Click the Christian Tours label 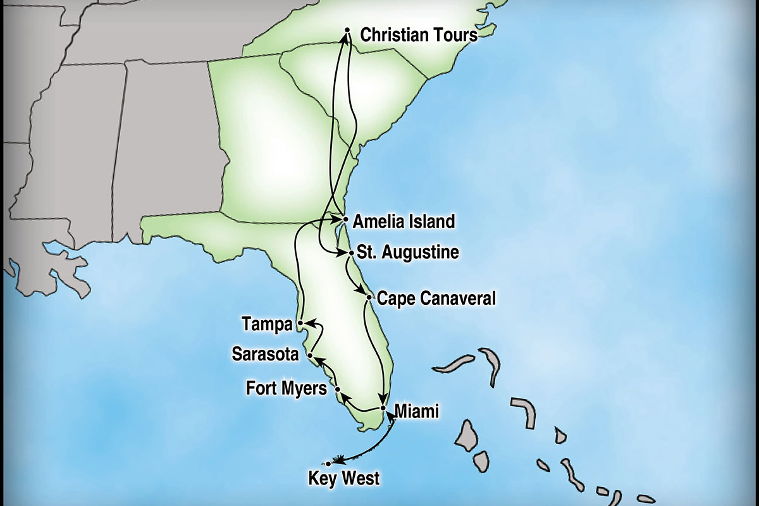coord(419,35)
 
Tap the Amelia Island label coord(404,221)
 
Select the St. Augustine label coord(407,253)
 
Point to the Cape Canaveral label coord(436,298)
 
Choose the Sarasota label coord(265,355)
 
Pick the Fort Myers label coord(287,388)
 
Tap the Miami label coord(416,412)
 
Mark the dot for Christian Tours coord(347,30)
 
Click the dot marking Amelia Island coord(345,219)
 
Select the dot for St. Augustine coord(352,253)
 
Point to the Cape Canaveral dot coord(369,297)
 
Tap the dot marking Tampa coord(300,324)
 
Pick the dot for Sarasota coord(309,356)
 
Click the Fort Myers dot coord(337,389)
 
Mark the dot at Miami coord(383,408)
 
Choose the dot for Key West coord(328,464)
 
